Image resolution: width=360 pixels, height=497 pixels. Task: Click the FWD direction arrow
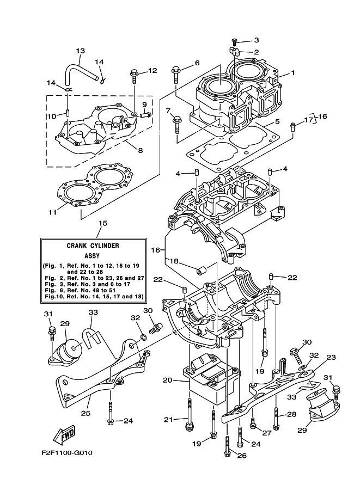(64, 434)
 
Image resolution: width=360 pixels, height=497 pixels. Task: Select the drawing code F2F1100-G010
(66, 452)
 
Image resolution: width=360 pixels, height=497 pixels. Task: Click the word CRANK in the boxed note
(76, 246)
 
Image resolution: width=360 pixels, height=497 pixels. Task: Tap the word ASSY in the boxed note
(92, 255)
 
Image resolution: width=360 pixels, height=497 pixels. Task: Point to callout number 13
(81, 51)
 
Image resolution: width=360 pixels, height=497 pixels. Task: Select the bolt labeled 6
(175, 74)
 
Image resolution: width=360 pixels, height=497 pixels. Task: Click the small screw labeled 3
(234, 40)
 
